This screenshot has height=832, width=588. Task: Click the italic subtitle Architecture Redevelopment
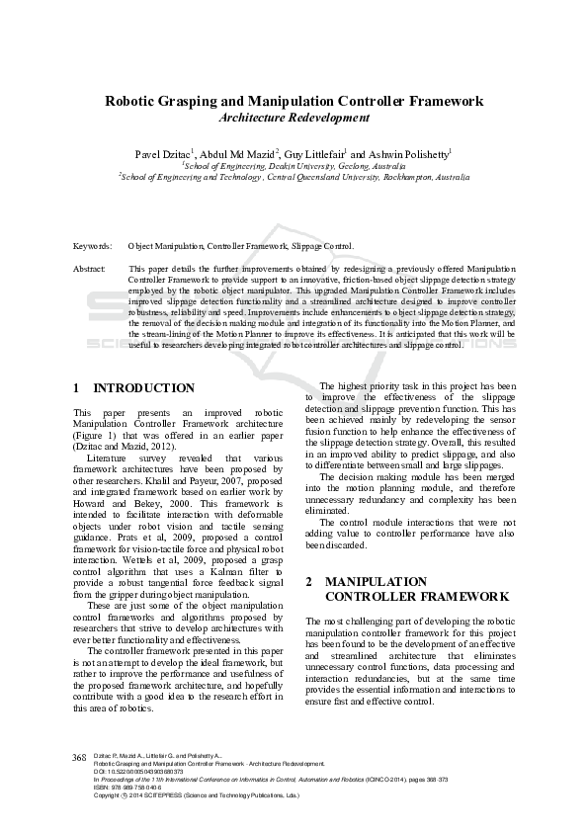[294, 118]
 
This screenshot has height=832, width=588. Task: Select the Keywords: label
[93, 246]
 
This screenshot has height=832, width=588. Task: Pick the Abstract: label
[90, 268]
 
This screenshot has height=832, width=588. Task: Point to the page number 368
[80, 757]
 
